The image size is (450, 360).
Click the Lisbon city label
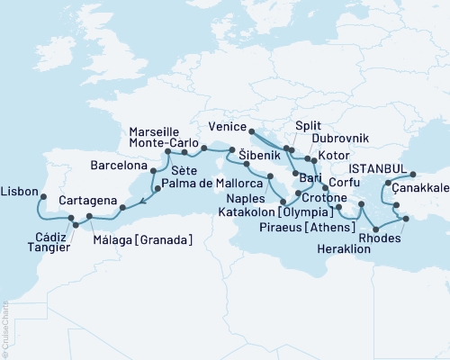point(20,193)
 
